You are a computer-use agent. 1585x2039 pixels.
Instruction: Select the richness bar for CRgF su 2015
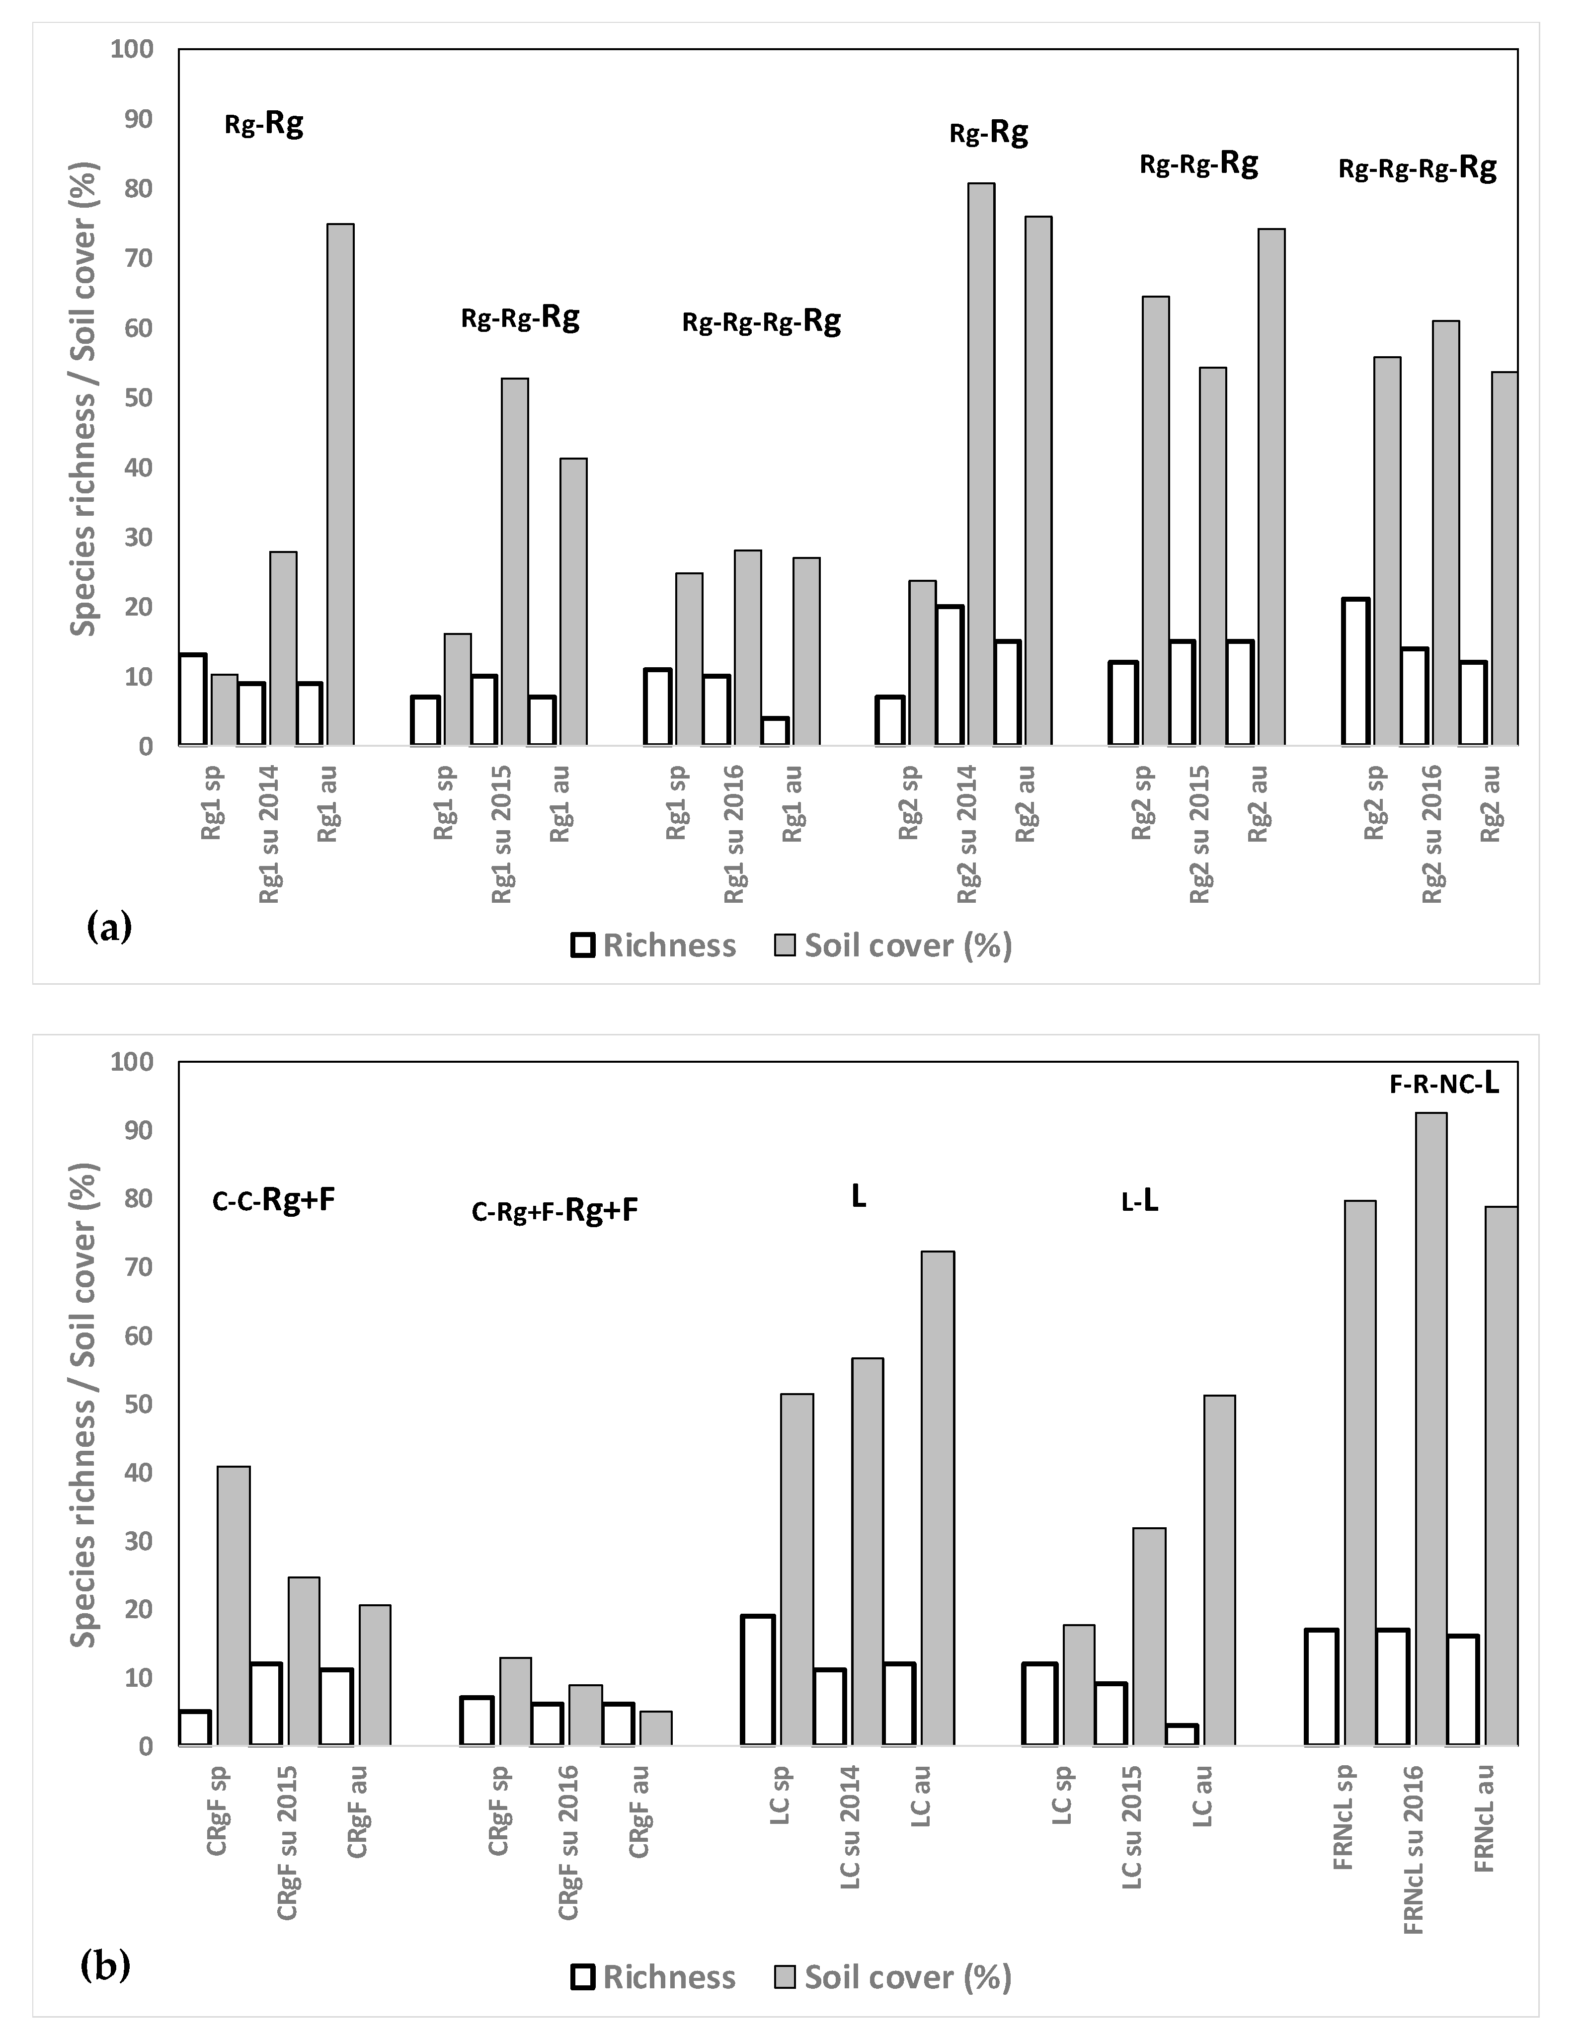tap(265, 1703)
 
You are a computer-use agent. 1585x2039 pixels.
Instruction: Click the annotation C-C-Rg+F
tap(273, 1201)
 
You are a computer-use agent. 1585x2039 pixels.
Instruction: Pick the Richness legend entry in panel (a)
tap(653, 946)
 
